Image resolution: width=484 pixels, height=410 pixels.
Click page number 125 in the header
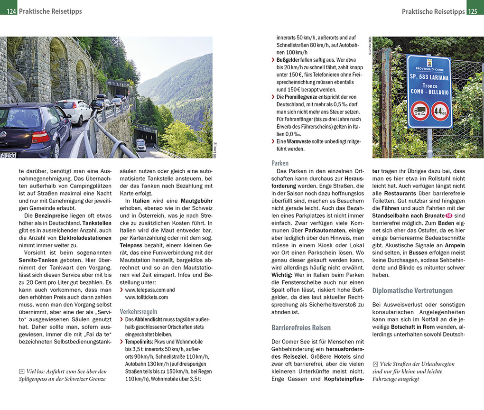(x=475, y=11)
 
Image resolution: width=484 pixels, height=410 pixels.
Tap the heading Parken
(x=280, y=163)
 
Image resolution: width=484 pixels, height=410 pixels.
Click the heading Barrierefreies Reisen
(x=301, y=327)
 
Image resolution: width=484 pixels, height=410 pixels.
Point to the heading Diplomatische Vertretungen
(x=412, y=290)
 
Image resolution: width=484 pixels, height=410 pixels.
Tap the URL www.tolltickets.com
(x=146, y=297)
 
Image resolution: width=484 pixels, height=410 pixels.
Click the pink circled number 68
(x=448, y=216)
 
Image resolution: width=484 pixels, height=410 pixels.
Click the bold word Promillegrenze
(x=304, y=97)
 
